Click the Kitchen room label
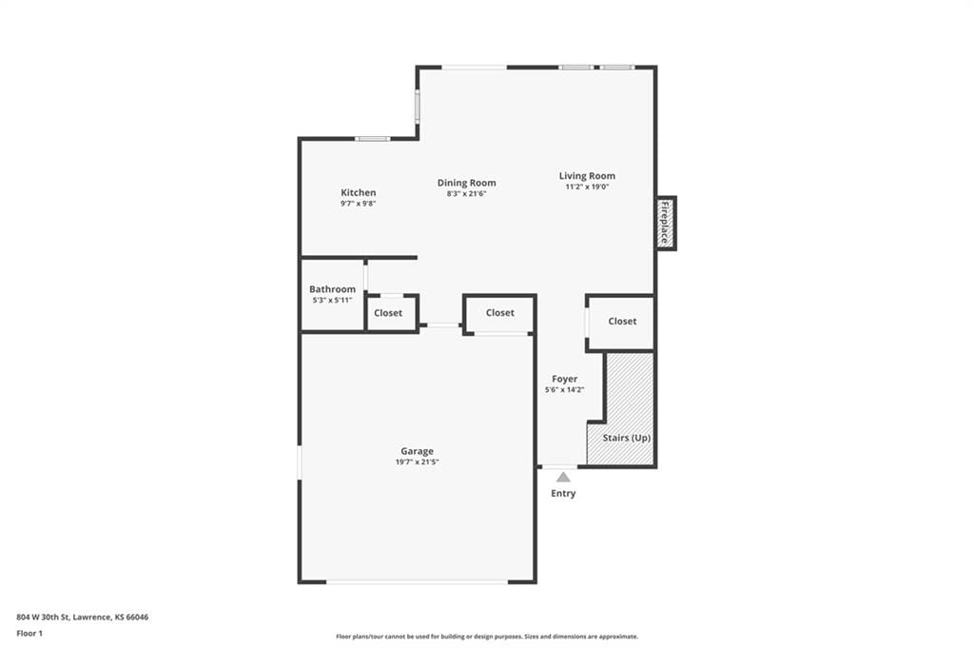(358, 193)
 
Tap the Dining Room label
(466, 183)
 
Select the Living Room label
(587, 176)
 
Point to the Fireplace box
(666, 224)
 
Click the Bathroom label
(332, 289)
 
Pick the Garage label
(417, 451)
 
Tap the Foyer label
(565, 379)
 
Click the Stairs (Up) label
(627, 438)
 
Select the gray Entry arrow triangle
(563, 477)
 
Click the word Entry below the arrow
(563, 493)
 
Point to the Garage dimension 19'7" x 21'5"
(418, 462)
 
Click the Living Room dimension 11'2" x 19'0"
(587, 187)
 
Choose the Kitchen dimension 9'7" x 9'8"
(359, 204)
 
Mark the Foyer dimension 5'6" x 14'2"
(565, 390)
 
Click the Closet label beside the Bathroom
(388, 313)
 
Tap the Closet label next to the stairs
(622, 321)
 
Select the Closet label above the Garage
(500, 313)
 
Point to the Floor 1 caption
(29, 634)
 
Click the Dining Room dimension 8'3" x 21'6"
(466, 193)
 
